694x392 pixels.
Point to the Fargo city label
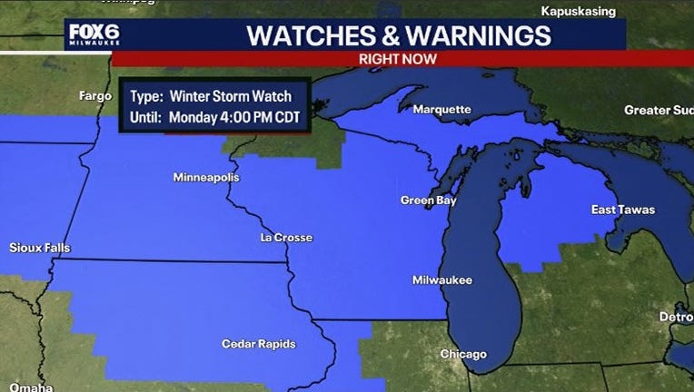tap(95, 95)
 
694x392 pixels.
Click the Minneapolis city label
tap(206, 177)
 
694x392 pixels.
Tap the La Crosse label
tap(286, 238)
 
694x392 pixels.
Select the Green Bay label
tap(429, 201)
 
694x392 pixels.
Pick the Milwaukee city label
tap(442, 280)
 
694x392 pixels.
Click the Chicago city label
tap(463, 354)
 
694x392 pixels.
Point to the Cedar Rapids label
tap(258, 344)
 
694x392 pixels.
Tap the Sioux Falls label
tap(39, 248)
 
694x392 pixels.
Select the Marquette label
tap(442, 110)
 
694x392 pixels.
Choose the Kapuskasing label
tap(578, 11)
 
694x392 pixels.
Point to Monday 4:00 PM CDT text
tap(234, 116)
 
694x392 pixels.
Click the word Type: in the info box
tap(145, 95)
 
